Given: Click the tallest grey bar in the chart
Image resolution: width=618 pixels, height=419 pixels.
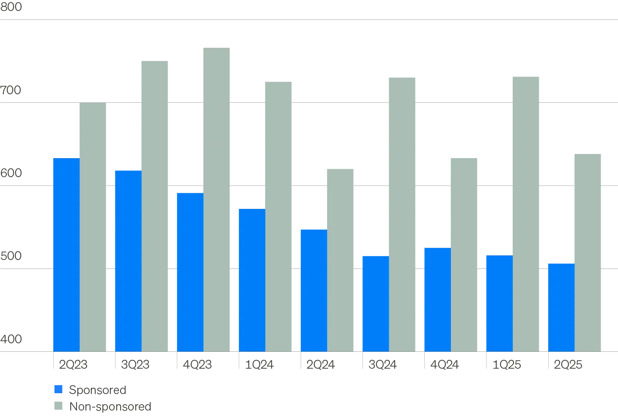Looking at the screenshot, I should (x=217, y=199).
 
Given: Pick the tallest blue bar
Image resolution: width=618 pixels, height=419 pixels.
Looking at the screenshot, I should (x=66, y=254).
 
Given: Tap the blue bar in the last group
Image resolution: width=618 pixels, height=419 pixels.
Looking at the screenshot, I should (x=561, y=307).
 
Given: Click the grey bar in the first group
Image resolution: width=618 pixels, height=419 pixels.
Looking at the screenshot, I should (x=93, y=226).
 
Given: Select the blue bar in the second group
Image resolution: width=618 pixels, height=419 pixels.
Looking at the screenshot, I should (x=128, y=260).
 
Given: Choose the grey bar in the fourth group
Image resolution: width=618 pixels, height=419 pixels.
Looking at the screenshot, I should (x=279, y=216).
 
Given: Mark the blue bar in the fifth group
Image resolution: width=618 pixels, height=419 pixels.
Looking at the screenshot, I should (x=313, y=290).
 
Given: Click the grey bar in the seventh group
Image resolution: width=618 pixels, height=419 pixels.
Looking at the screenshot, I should (x=464, y=254).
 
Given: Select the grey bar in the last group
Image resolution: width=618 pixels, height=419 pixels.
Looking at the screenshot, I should (x=587, y=252).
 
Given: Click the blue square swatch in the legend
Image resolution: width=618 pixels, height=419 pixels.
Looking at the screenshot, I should (x=59, y=389).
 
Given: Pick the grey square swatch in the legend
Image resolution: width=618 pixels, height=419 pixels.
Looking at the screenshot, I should (x=59, y=406).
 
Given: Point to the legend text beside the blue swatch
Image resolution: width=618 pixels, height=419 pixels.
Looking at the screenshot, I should (x=98, y=389).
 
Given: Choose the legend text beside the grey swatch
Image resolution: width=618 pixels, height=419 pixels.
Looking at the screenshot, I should (x=110, y=406).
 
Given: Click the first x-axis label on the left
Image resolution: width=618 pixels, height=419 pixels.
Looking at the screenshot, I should (x=72, y=364).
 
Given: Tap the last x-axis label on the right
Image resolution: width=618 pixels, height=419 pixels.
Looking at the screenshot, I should (x=566, y=364).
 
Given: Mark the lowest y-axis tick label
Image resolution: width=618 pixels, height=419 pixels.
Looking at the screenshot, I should (x=13, y=339).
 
